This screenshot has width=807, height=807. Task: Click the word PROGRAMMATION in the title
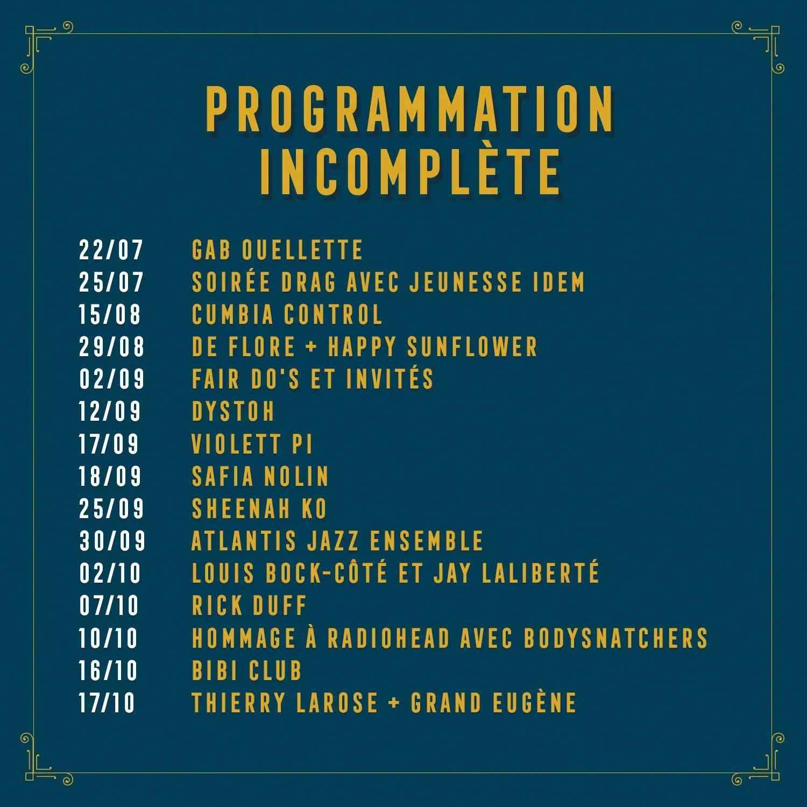[410, 109]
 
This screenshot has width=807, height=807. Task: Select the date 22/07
[111, 250]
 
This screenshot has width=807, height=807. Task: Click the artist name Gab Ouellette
[277, 250]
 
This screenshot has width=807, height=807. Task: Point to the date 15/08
[110, 315]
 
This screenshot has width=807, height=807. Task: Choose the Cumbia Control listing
[287, 315]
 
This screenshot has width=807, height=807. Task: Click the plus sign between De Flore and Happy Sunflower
[311, 346]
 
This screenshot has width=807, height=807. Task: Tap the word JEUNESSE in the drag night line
[465, 282]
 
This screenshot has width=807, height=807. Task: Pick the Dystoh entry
[233, 412]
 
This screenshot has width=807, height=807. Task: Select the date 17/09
[109, 444]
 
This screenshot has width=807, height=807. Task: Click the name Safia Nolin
[260, 476]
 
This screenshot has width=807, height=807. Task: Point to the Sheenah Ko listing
[259, 508]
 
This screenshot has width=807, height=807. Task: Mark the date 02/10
[110, 573]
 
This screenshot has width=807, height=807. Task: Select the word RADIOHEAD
[388, 638]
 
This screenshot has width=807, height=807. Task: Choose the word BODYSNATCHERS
[615, 638]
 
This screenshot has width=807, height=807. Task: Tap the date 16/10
[109, 670]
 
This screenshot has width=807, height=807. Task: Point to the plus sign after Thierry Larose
[394, 702]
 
